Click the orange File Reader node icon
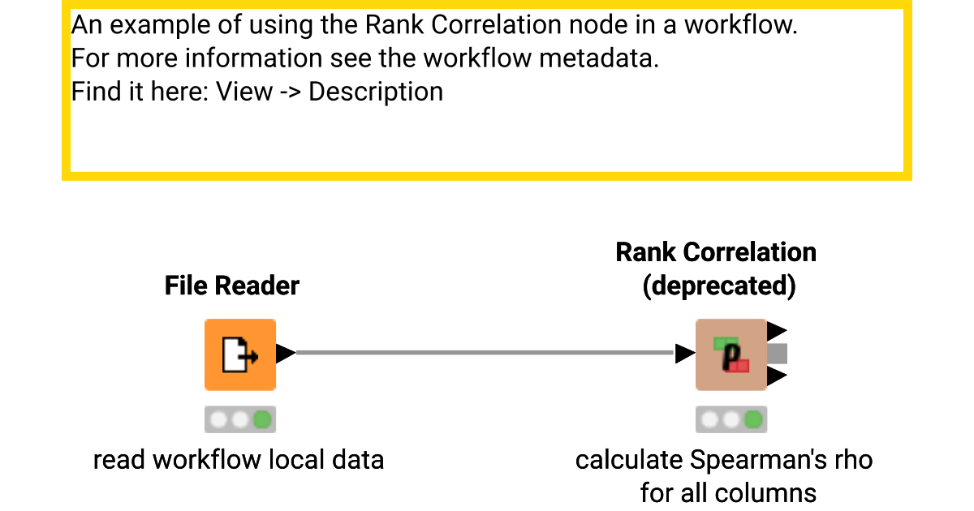pos(239,354)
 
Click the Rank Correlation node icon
pos(730,354)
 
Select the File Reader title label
pos(231,286)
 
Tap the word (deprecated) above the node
pos(718,286)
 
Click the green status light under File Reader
pos(262,419)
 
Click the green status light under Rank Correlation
pos(753,419)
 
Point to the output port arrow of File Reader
pos(285,354)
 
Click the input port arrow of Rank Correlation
pos(685,354)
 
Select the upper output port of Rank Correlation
pos(777,331)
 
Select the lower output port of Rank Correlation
pos(777,376)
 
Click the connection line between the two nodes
pos(487,353)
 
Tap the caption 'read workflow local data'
pos(238,460)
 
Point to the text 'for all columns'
pos(727,492)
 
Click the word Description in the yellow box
pos(376,92)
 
